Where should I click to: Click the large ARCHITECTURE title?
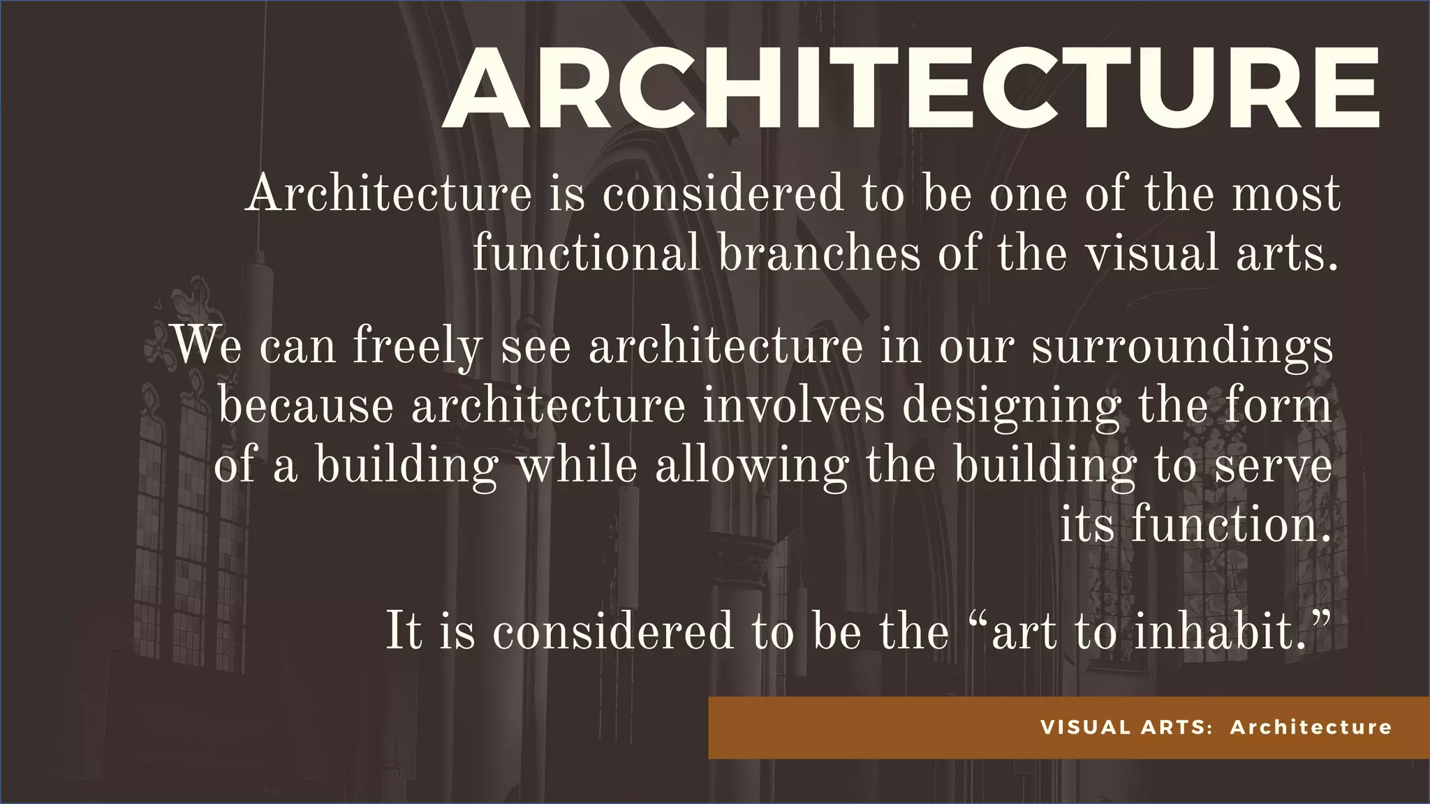[911, 89]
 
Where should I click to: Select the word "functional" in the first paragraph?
[585, 253]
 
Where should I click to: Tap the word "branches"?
[819, 253]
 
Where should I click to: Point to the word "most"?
[1285, 193]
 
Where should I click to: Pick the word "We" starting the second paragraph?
[207, 345]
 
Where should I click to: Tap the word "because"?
[306, 405]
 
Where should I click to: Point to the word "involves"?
[793, 405]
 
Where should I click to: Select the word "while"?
[576, 465]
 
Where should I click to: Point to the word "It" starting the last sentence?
[404, 631]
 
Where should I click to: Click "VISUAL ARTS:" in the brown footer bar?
[1126, 727]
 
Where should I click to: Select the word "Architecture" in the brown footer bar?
[1311, 727]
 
